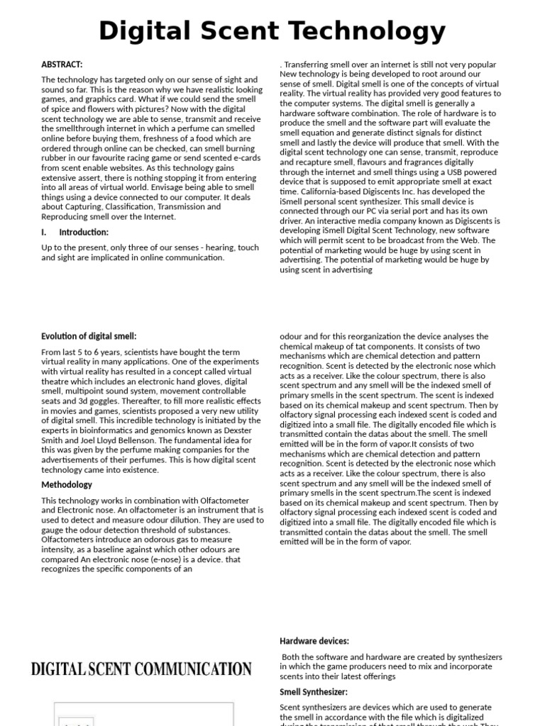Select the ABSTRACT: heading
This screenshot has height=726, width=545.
coord(62,65)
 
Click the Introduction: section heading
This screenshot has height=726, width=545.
coord(84,232)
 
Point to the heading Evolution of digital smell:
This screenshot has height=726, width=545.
coord(89,336)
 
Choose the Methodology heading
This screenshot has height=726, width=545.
coord(67,485)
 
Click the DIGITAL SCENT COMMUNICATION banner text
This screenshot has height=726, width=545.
coord(141,669)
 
